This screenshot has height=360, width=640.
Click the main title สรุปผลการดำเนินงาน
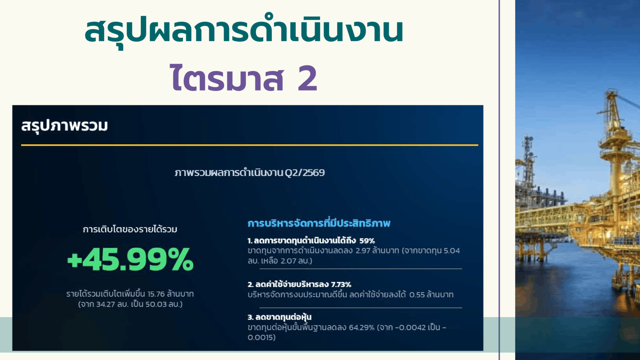[x=244, y=31]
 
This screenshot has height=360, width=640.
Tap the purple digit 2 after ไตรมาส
[x=307, y=78]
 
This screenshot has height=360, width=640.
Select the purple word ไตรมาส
[x=227, y=77]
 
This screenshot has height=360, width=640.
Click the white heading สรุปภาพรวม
[x=65, y=126]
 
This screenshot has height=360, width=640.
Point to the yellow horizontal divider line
[x=250, y=145]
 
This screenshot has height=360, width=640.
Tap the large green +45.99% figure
[x=130, y=259]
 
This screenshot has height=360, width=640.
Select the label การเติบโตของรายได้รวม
[x=130, y=229]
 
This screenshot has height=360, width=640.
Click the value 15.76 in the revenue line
[x=156, y=294]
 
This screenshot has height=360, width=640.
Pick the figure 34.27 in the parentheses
[x=106, y=304]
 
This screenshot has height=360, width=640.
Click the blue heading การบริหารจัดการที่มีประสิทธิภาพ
[x=319, y=223]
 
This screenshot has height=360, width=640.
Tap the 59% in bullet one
[x=367, y=241]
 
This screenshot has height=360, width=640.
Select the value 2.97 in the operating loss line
[x=363, y=251]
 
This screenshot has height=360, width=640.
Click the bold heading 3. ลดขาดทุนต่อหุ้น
[x=280, y=317]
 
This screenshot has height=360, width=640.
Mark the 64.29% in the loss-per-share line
[x=362, y=328]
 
